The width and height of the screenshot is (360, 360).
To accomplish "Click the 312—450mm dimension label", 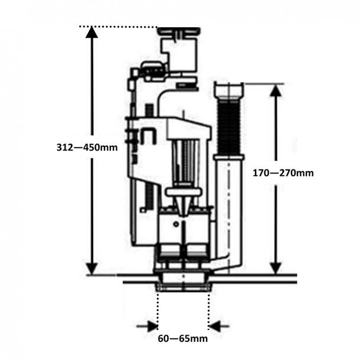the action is coord(87,147).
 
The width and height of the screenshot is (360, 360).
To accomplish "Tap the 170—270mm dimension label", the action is coord(283,173).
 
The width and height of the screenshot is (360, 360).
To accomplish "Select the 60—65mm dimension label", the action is coord(183,338).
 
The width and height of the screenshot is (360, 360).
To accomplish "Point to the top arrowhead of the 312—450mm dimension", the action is coord(91,32).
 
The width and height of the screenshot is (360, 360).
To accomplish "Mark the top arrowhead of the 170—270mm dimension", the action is coord(276,91).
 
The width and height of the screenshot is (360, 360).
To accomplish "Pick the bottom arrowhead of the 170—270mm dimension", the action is coord(276,268).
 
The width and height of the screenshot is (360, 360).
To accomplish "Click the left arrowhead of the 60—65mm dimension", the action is coord(152,326).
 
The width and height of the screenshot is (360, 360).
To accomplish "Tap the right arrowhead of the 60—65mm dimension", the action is coord(215,326).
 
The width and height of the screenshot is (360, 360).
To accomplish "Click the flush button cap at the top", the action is coord(179,31).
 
